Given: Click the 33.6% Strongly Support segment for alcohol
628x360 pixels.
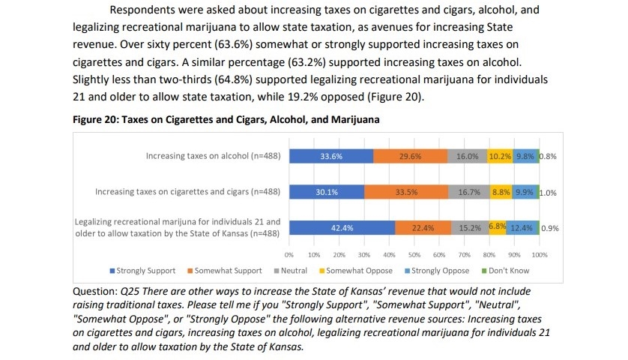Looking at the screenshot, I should [x=331, y=157].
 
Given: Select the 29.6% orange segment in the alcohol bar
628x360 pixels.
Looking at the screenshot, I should [x=411, y=157].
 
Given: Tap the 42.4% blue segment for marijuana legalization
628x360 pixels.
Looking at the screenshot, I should [x=342, y=227].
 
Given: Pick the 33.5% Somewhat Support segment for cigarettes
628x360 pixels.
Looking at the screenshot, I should [x=406, y=192].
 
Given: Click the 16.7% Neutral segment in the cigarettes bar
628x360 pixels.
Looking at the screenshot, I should [x=469, y=192].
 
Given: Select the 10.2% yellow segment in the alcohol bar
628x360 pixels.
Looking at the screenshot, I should [x=500, y=157].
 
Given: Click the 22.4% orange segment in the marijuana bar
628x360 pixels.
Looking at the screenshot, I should [x=423, y=227].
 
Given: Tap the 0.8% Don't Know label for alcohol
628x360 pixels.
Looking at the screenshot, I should [x=548, y=157].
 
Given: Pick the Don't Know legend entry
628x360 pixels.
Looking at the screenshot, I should [x=506, y=271].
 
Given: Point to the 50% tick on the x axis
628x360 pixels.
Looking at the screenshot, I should [x=414, y=255].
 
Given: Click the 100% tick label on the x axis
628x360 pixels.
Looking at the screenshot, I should [x=540, y=255].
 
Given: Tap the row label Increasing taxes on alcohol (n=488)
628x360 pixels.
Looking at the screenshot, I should [x=213, y=157].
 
